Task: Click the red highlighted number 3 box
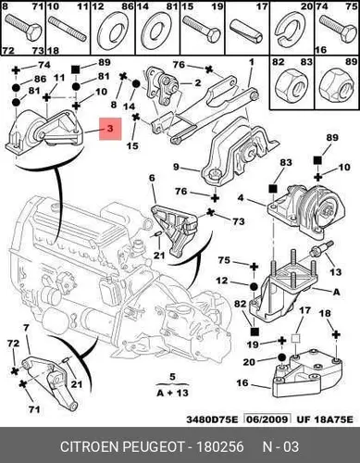pos(110,129)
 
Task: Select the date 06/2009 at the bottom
pos(267,419)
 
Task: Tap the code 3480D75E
pos(213,419)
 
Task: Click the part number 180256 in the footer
pos(220,446)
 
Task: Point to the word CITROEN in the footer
pos(89,446)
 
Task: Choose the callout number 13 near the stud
pos(335,272)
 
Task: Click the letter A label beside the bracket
pos(336,291)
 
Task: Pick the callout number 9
pos(176,167)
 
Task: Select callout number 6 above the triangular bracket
pos(152,178)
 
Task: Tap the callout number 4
pos(241,197)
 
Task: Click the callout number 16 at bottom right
pos(242,383)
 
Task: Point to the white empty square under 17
pos(296,339)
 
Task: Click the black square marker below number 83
pos(272,189)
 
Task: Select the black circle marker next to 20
pos(281,358)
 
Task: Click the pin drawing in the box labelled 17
pos(246,31)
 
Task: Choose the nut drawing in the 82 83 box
pos(292,83)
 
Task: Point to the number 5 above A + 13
pos(172,377)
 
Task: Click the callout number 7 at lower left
pos(26,329)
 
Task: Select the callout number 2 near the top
pos(197,82)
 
